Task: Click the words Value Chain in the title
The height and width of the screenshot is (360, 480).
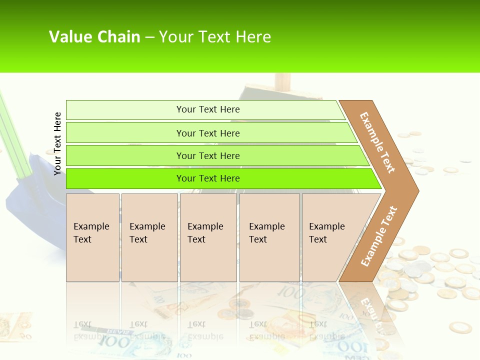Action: (94, 36)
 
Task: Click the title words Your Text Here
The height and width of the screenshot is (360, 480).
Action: (215, 36)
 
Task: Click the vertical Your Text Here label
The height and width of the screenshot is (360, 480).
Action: (57, 143)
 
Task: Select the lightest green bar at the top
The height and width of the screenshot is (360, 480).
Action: (207, 109)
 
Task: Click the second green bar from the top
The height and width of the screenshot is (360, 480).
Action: (207, 133)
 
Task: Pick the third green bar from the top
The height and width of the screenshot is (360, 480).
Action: (207, 155)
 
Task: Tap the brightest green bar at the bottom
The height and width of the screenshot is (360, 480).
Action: (207, 178)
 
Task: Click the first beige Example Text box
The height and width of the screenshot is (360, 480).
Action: (92, 237)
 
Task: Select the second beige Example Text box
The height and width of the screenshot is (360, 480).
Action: (149, 237)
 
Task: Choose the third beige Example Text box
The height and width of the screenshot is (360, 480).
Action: (208, 237)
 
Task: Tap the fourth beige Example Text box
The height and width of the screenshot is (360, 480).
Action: (269, 237)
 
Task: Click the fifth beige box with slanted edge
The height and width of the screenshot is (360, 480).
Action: (330, 237)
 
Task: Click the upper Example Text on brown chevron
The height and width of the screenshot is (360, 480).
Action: (377, 142)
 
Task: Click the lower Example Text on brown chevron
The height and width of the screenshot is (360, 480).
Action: (379, 236)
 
